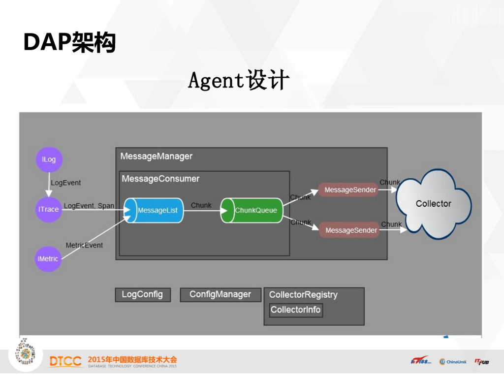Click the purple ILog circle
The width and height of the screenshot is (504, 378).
click(x=49, y=159)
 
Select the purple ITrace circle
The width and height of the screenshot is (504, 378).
click(x=48, y=209)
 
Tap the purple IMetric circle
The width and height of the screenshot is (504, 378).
click(x=48, y=259)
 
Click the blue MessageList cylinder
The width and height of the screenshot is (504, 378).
click(x=153, y=211)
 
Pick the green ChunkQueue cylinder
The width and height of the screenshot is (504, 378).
click(x=252, y=211)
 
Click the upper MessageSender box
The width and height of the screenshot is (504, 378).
click(x=349, y=190)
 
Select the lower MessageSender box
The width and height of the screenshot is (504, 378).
click(x=350, y=230)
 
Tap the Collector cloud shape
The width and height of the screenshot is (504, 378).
click(x=433, y=204)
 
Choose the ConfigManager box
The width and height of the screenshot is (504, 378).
click(x=220, y=294)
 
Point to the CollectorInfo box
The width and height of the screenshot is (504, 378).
click(x=296, y=310)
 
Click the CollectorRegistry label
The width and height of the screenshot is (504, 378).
click(x=303, y=295)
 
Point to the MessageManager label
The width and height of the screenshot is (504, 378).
click(x=156, y=157)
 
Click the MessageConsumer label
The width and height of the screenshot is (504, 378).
click(x=160, y=179)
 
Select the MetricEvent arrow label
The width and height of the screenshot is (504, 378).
click(x=84, y=245)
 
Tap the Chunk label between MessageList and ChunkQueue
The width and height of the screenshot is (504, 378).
click(x=201, y=205)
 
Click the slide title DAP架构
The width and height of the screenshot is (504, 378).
click(x=69, y=43)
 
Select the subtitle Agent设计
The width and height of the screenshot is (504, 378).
click(x=239, y=80)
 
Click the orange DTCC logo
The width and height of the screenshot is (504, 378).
click(x=65, y=362)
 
